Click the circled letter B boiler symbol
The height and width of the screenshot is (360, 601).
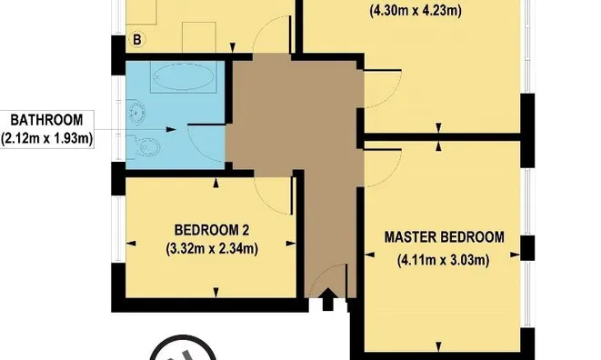tap(138, 40)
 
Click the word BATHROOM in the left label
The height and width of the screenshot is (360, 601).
tap(46, 119)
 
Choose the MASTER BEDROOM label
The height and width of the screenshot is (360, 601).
tap(444, 237)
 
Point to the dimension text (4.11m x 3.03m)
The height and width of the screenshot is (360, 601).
tap(444, 262)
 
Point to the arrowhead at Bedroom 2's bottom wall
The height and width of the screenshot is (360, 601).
tap(215, 292)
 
